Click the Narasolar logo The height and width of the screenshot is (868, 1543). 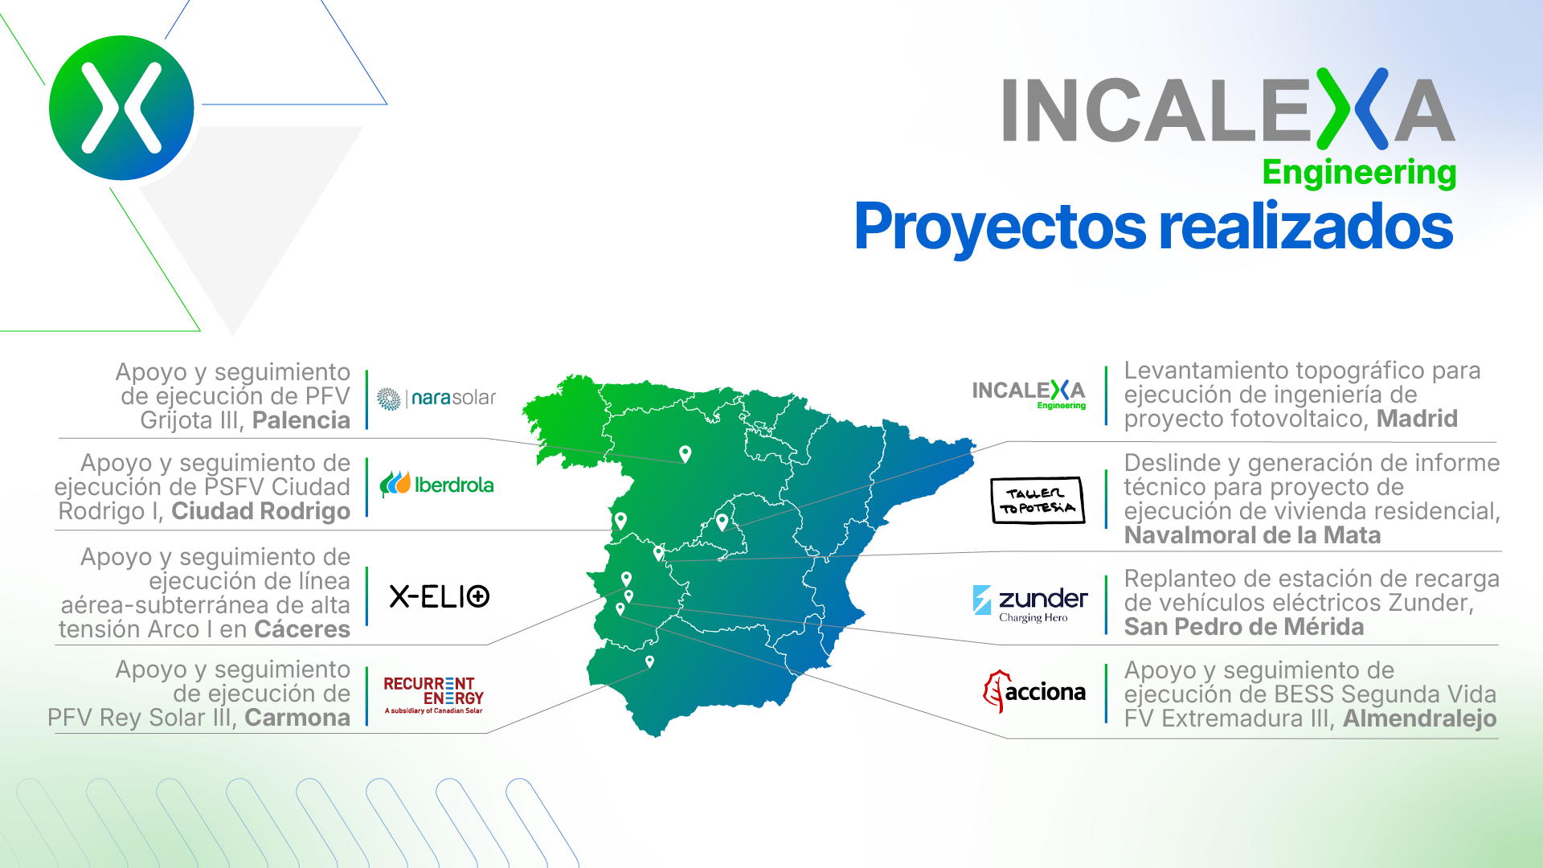pos(436,399)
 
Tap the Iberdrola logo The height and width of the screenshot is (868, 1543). pos(436,485)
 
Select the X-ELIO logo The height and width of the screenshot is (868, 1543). pos(440,596)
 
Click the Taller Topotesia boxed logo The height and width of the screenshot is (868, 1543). pos(1038,501)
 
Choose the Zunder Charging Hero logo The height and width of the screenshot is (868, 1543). pos(1030,604)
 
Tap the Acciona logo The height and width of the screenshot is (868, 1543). pos(1034,691)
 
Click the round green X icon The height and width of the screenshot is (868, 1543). pos(121,108)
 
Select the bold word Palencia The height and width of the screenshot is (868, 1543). pos(301,420)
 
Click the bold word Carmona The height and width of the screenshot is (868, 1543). pos(297,718)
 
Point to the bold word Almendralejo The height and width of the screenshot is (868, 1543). pos(1419,719)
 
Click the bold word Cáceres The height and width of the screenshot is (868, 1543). pos(302,629)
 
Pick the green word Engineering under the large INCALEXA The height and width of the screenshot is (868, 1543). pos(1359,173)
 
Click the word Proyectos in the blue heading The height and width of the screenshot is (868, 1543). pos(1001,227)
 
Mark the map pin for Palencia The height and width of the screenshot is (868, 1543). pos(685,454)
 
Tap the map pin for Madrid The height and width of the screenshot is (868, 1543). pos(722,522)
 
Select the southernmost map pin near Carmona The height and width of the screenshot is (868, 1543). pos(649,662)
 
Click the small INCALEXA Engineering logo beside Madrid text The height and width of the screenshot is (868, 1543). pos(1029,395)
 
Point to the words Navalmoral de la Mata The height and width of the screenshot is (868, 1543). pos(1252,535)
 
